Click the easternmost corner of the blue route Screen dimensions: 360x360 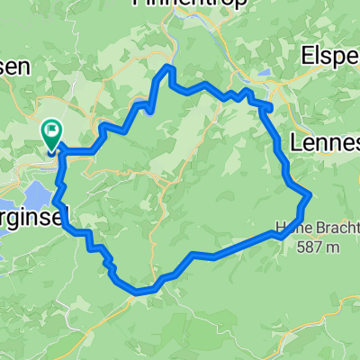pyautogui.click(x=310, y=193)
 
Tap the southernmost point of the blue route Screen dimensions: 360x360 pyautogui.click(x=137, y=292)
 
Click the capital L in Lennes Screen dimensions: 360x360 pyautogui.click(x=298, y=140)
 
